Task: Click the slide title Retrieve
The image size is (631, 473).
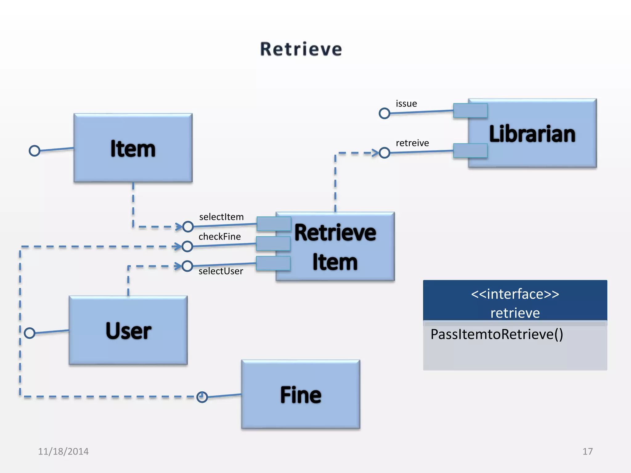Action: click(301, 49)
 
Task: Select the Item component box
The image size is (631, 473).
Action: click(133, 148)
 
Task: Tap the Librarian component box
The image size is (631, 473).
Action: click(532, 133)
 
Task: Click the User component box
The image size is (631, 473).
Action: click(128, 330)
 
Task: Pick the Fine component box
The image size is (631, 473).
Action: click(300, 394)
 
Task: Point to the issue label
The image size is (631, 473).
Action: click(406, 104)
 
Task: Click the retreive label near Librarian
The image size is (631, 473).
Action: click(412, 143)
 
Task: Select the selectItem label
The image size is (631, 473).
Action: click(221, 217)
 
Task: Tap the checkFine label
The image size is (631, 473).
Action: click(219, 237)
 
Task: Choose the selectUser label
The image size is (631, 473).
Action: click(221, 271)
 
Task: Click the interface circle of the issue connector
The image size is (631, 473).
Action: click(384, 113)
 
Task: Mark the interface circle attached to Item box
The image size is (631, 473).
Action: click(35, 151)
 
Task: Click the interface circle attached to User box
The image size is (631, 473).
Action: click(30, 333)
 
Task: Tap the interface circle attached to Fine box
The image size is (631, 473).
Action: click(202, 397)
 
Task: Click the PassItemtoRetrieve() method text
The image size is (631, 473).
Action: click(497, 334)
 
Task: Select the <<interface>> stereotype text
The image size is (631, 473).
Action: click(515, 294)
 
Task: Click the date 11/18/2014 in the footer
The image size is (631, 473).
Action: click(63, 451)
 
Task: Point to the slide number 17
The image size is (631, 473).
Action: click(587, 451)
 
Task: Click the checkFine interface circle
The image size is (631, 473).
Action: click(187, 246)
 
